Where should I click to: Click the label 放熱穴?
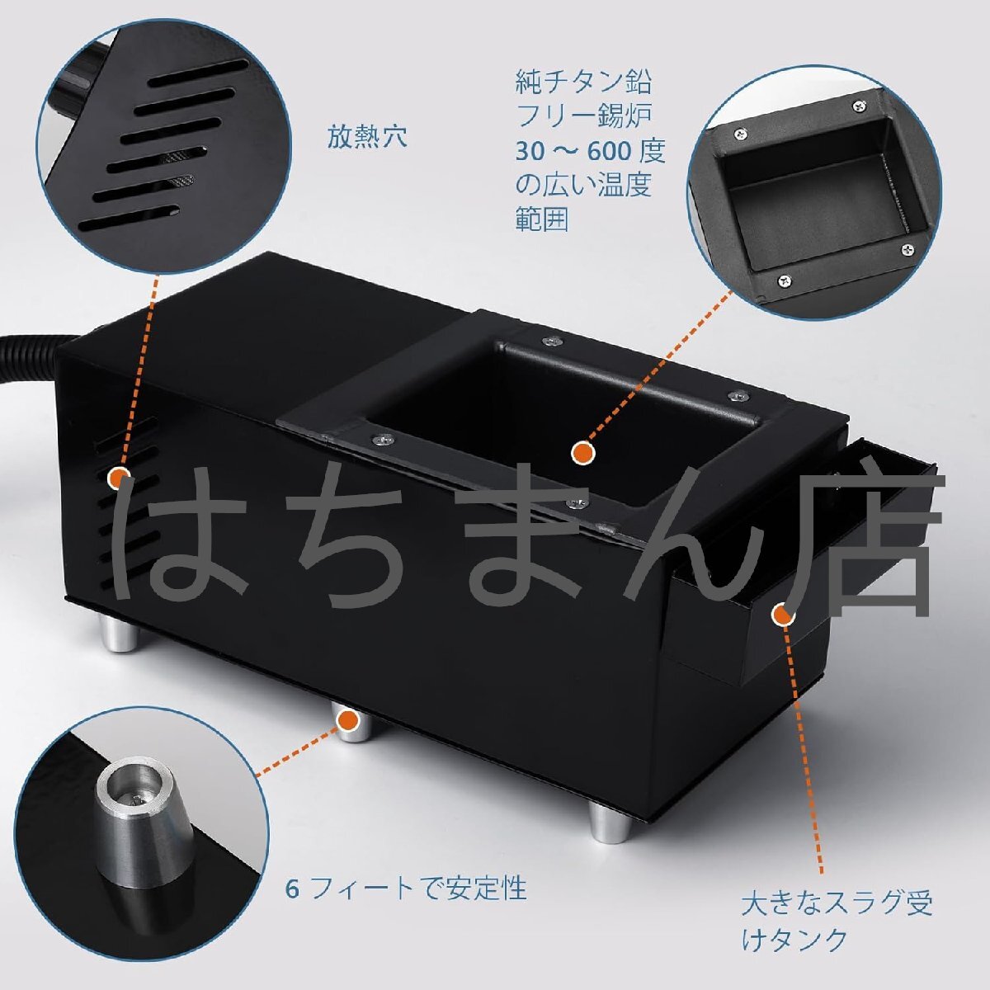click(x=367, y=137)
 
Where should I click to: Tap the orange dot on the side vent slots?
click(x=119, y=476)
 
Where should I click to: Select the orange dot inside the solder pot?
click(x=583, y=451)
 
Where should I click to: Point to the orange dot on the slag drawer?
click(x=781, y=614)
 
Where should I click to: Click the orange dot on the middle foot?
click(x=350, y=720)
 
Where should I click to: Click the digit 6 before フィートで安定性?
click(x=292, y=889)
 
